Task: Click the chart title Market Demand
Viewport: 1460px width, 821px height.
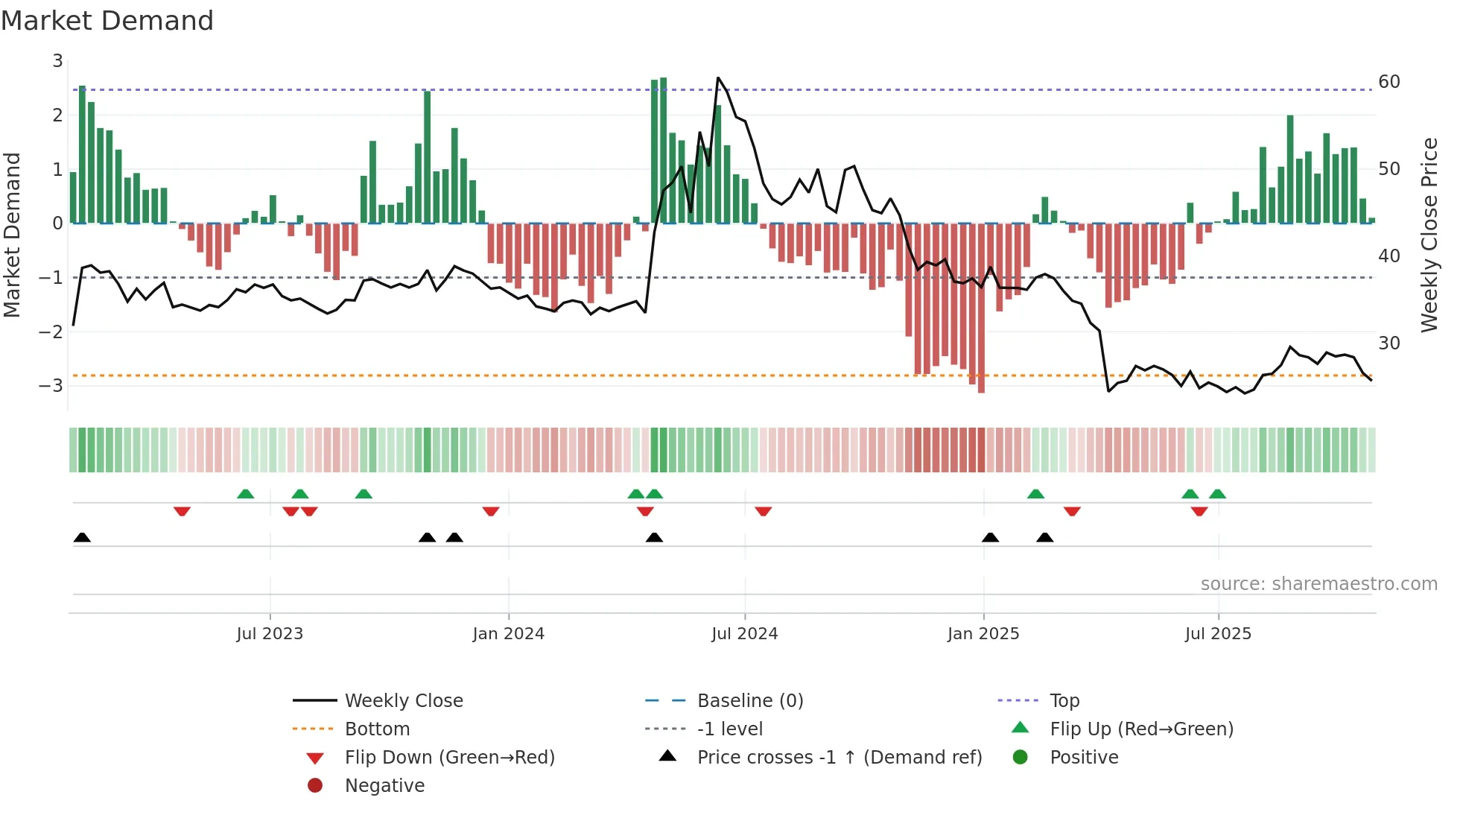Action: coord(107,21)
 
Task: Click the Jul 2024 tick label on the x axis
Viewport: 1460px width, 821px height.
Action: coord(744,634)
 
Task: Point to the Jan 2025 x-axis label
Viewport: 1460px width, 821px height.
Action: coord(983,634)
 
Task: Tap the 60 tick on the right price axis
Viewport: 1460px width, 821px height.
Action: coord(1389,82)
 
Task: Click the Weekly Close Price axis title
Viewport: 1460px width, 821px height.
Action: coord(1429,235)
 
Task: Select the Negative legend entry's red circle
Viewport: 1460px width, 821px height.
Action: coord(315,786)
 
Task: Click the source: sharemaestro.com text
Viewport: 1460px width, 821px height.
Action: coord(1318,584)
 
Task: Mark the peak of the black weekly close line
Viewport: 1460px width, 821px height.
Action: coord(718,77)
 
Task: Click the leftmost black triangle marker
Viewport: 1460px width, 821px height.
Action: coord(82,538)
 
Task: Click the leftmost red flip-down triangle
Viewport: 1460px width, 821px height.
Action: coord(182,511)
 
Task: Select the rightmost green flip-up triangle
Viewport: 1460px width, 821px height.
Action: coord(1217,494)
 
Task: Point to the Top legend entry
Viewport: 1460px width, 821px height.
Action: coord(1064,701)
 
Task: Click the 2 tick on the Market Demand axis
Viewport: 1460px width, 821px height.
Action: coord(57,115)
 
